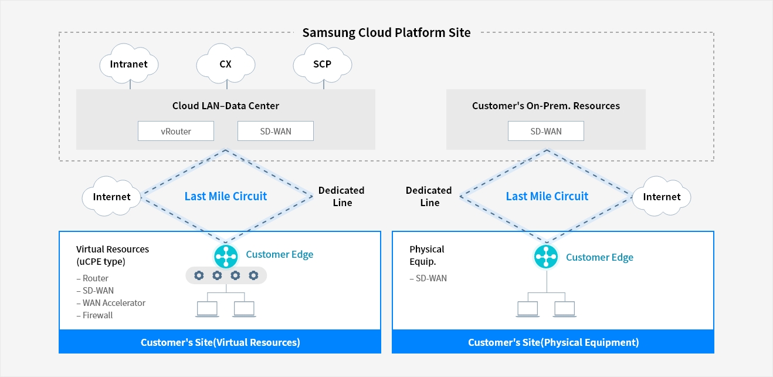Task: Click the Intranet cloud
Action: [128, 63]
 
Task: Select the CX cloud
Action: [226, 63]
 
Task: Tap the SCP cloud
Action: [323, 63]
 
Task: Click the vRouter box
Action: [176, 131]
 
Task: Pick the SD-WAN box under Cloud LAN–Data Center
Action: [276, 131]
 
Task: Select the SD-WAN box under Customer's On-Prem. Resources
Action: [546, 131]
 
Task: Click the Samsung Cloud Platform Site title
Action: [386, 32]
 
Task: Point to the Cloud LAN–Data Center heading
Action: [226, 106]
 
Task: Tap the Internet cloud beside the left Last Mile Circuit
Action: [111, 196]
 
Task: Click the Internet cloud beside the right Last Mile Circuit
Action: [662, 196]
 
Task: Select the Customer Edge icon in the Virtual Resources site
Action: [226, 257]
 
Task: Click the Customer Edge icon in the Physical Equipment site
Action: [546, 257]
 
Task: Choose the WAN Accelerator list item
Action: [111, 302]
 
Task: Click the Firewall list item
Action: [94, 315]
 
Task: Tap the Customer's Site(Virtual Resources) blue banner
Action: [220, 342]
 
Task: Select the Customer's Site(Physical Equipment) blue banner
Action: [553, 342]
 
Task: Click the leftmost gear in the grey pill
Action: [199, 275]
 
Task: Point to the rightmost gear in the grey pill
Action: [253, 275]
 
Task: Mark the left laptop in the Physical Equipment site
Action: [528, 309]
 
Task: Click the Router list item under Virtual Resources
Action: [93, 278]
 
